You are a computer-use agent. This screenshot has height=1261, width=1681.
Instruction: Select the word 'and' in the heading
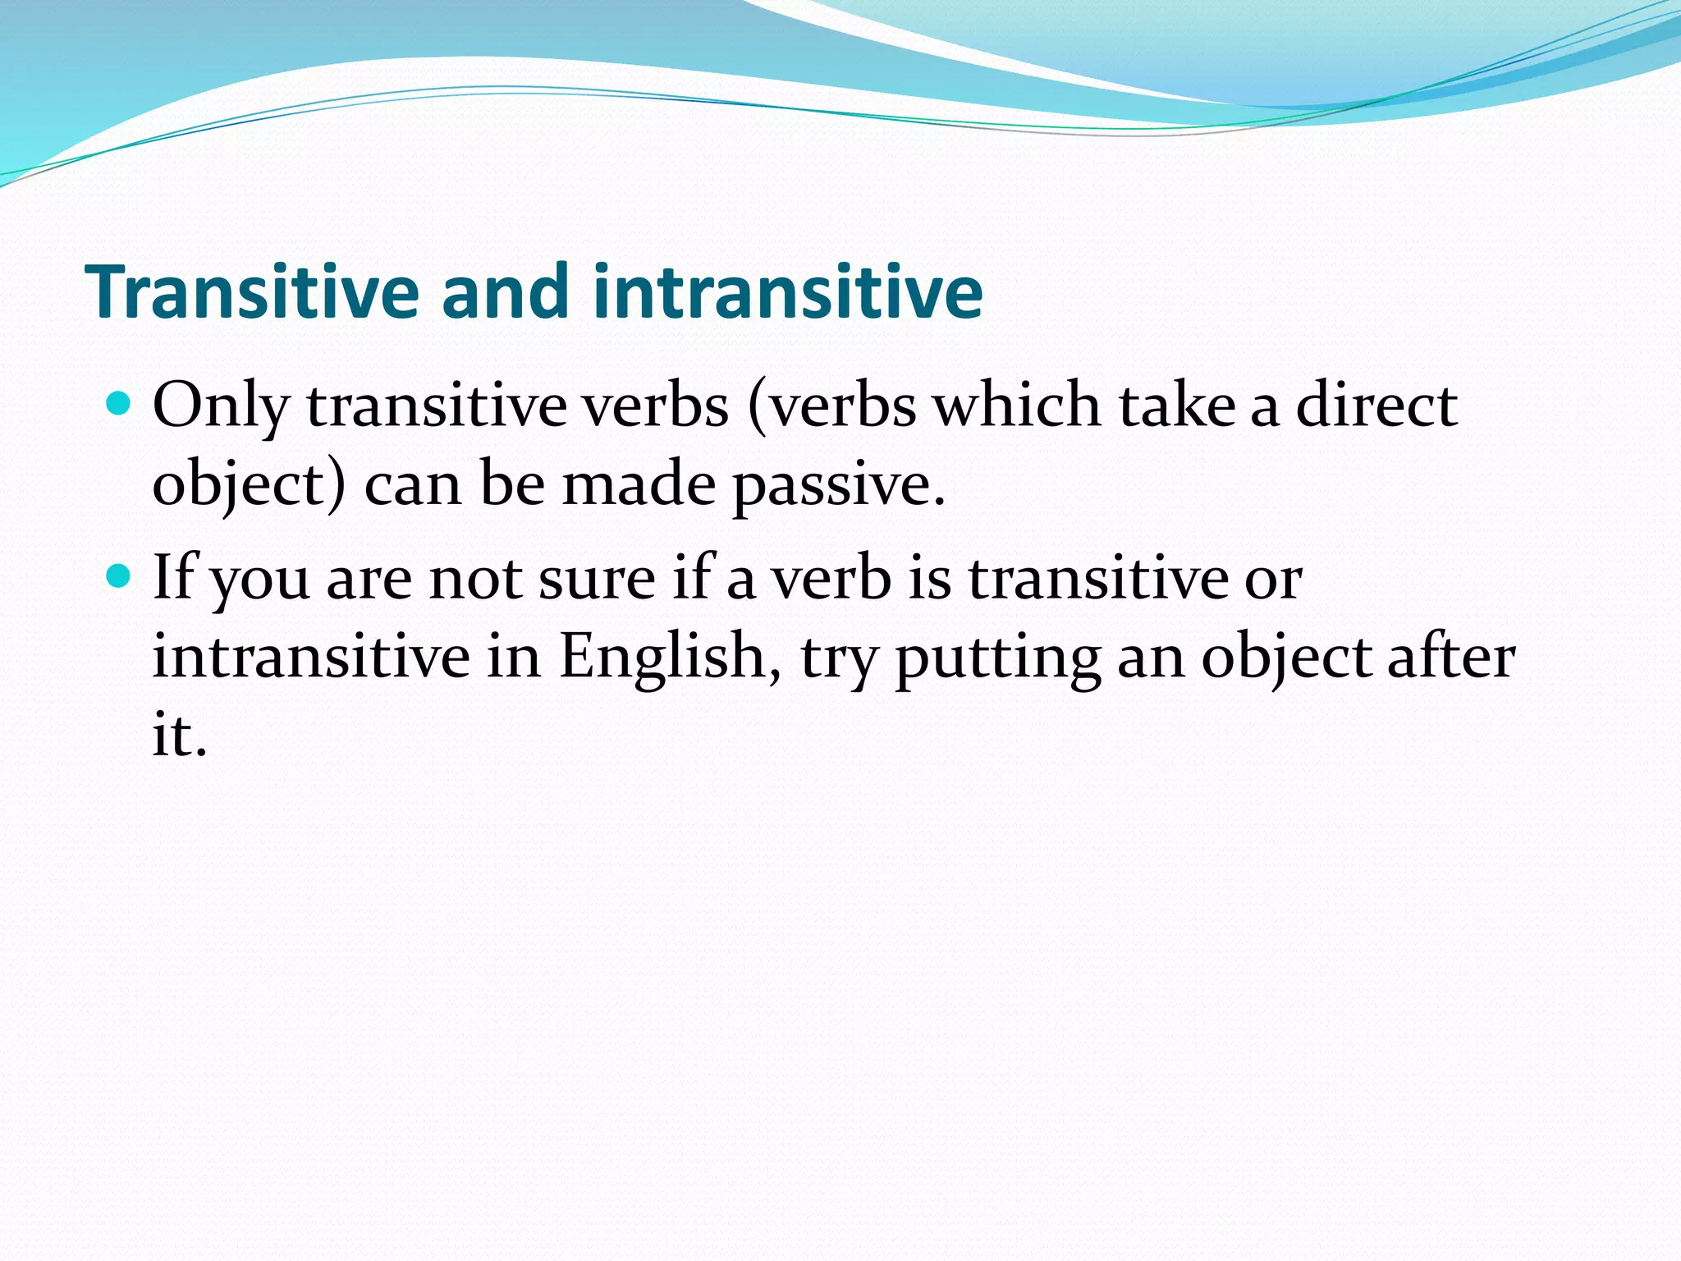(505, 291)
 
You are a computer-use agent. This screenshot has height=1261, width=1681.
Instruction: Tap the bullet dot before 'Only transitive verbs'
(120, 404)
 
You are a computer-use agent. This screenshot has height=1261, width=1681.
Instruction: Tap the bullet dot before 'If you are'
(120, 576)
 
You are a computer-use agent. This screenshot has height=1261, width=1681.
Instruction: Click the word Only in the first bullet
(221, 406)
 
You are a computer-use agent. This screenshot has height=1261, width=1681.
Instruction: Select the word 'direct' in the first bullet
(1376, 406)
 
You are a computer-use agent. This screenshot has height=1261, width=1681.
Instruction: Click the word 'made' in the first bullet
(639, 484)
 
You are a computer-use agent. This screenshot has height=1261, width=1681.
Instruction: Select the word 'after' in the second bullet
(1450, 657)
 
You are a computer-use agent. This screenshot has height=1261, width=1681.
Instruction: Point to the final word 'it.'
(179, 734)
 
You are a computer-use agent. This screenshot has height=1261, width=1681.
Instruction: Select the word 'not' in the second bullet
(475, 579)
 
